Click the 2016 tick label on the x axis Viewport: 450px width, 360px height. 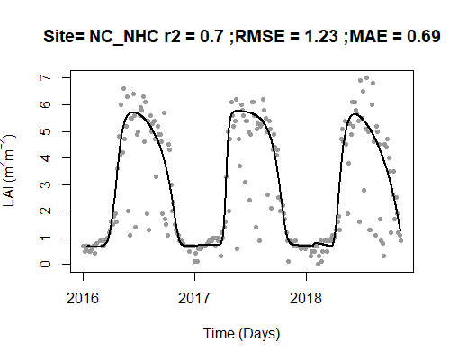click(83, 298)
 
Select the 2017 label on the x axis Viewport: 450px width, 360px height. click(194, 298)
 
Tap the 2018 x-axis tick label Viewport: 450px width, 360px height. click(306, 298)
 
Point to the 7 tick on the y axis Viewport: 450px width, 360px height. click(46, 77)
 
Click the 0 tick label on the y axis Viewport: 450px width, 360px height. click(46, 264)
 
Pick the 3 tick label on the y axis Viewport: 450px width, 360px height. click(46, 184)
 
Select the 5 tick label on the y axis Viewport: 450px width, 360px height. click(46, 131)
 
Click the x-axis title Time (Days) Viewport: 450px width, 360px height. click(241, 334)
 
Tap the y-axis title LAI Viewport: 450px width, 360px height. click(9, 197)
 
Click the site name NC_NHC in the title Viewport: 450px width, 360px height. click(124, 37)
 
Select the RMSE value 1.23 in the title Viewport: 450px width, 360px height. click(321, 37)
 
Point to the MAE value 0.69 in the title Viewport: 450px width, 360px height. click(424, 37)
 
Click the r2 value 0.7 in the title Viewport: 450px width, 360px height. click(212, 37)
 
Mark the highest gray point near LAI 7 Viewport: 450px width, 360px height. click(366, 78)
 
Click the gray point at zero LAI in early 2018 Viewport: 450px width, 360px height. click(318, 264)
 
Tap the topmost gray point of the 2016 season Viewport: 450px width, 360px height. click(123, 89)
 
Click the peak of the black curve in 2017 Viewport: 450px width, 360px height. click(238, 111)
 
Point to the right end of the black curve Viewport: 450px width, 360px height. click(400, 230)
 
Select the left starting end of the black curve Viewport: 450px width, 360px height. click(87, 246)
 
